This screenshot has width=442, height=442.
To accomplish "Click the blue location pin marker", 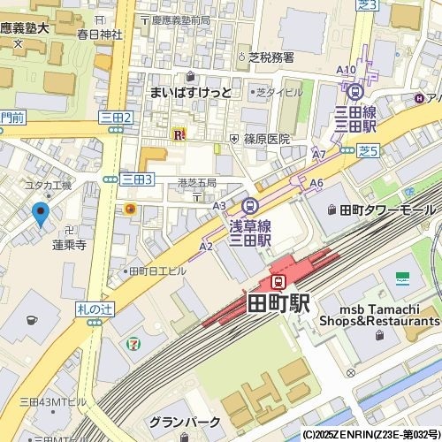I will (40, 214).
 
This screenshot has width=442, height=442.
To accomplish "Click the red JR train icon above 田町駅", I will (278, 282).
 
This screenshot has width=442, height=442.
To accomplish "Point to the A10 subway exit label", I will (347, 70).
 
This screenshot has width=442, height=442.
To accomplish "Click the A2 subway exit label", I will (206, 247).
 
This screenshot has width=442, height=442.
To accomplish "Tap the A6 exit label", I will (316, 183).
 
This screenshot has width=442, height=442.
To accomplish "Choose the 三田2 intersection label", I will (116, 117).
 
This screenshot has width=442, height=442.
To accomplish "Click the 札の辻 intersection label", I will (95, 307).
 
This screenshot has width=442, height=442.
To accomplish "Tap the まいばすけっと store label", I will (190, 92).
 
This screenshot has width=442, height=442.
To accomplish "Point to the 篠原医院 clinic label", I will (266, 139).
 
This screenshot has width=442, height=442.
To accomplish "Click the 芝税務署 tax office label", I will (271, 57).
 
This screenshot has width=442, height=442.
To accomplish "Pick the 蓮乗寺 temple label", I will (68, 245).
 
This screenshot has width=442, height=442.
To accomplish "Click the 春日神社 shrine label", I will (95, 35).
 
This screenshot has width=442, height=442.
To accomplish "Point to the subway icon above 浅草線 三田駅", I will (250, 205).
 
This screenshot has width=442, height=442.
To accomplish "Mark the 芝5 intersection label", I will (367, 151).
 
